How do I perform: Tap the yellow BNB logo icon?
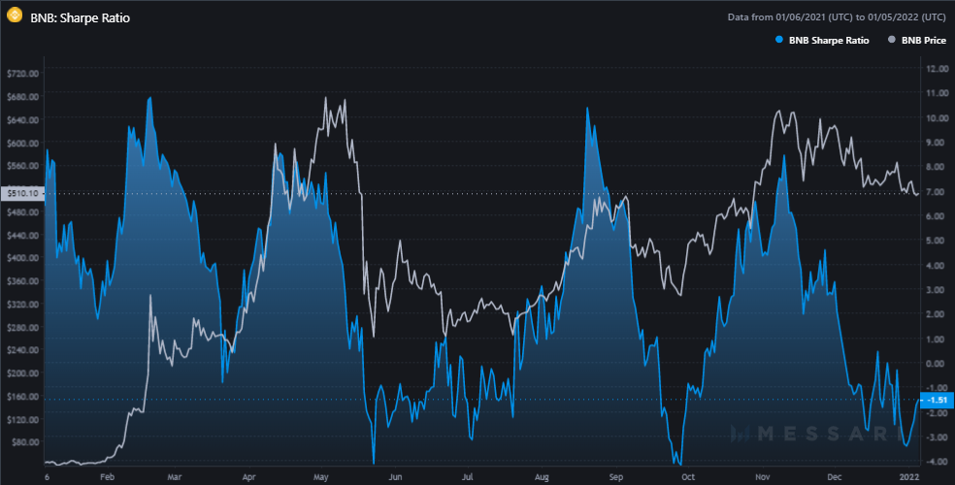tap(15, 16)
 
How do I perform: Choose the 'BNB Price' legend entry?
tap(919, 41)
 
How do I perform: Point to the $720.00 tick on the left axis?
tap(21, 74)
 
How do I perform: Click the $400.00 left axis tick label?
tap(21, 258)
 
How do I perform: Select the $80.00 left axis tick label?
tap(21, 442)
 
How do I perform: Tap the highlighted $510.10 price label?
tap(21, 194)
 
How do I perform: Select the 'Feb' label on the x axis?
tap(108, 477)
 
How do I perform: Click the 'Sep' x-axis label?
tap(614, 477)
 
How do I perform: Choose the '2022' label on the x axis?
tap(908, 477)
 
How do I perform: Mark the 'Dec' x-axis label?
tap(835, 477)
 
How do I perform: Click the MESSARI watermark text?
tap(813, 433)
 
